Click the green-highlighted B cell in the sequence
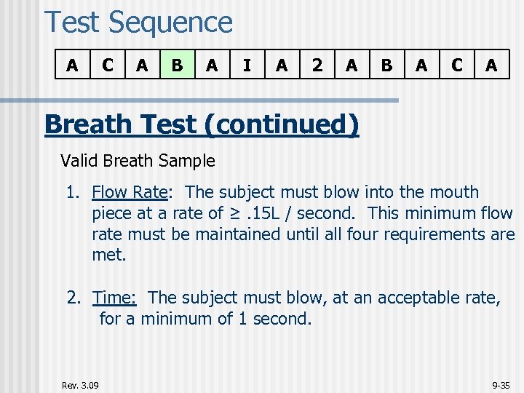(177, 65)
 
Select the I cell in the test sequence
(247, 65)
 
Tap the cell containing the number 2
(317, 65)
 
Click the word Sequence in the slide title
(170, 23)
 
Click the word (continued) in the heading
(283, 125)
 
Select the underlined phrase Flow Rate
(130, 192)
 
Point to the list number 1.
(72, 192)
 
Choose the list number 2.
(73, 298)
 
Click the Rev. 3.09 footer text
(81, 384)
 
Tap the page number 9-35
(501, 384)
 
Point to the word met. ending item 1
(108, 255)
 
